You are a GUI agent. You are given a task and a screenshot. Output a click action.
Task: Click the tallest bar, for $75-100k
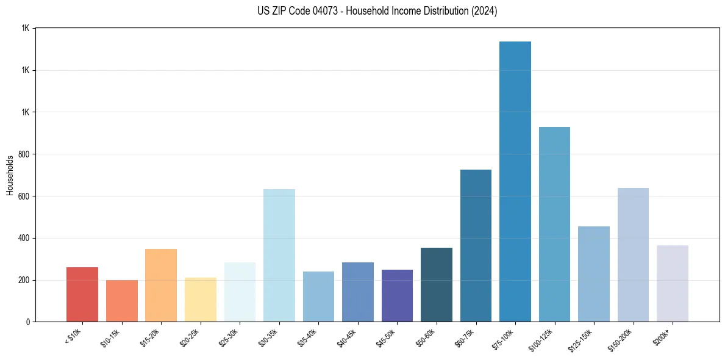(x=515, y=181)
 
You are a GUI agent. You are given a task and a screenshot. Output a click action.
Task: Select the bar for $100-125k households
(x=554, y=224)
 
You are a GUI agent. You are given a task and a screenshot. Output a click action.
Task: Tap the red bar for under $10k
(x=82, y=294)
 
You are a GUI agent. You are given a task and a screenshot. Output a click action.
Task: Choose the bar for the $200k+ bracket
(x=673, y=283)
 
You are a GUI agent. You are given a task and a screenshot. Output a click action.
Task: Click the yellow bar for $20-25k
(x=201, y=300)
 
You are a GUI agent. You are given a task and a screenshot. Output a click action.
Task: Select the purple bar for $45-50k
(x=397, y=295)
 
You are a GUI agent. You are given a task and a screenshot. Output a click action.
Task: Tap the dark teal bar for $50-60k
(x=437, y=284)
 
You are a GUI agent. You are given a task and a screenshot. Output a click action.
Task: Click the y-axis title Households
(x=10, y=175)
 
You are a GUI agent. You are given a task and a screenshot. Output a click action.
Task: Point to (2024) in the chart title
(x=482, y=11)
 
